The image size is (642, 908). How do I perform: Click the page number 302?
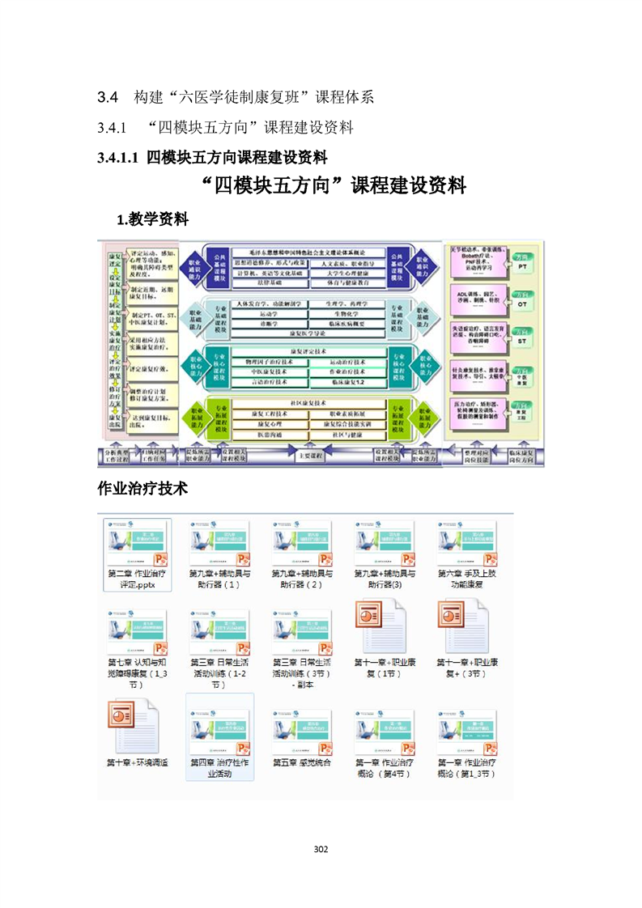point(321,849)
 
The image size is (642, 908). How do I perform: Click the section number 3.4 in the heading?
point(108,97)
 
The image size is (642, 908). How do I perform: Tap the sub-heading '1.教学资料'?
point(153,219)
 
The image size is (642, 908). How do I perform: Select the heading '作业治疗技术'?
point(142,489)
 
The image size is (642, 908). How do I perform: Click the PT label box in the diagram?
point(522,265)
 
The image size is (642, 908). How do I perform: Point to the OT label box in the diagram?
point(522,303)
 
